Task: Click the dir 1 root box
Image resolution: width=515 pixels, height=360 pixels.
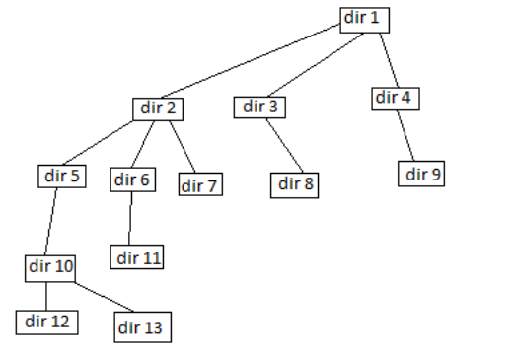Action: coord(363,19)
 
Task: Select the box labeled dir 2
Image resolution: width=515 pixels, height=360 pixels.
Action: coord(158,108)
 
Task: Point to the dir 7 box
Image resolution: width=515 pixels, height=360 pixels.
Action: coord(199,184)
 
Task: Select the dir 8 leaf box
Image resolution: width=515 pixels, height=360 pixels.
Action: coord(297,183)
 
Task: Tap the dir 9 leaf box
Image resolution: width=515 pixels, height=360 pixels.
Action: coord(424,175)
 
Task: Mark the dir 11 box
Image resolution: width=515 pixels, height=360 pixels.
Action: coord(138,258)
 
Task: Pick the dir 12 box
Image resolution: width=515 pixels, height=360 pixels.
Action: coord(45,321)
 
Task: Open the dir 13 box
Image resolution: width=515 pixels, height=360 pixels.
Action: coord(140,325)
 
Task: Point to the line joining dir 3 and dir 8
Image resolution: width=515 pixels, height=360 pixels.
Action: coord(284,145)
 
